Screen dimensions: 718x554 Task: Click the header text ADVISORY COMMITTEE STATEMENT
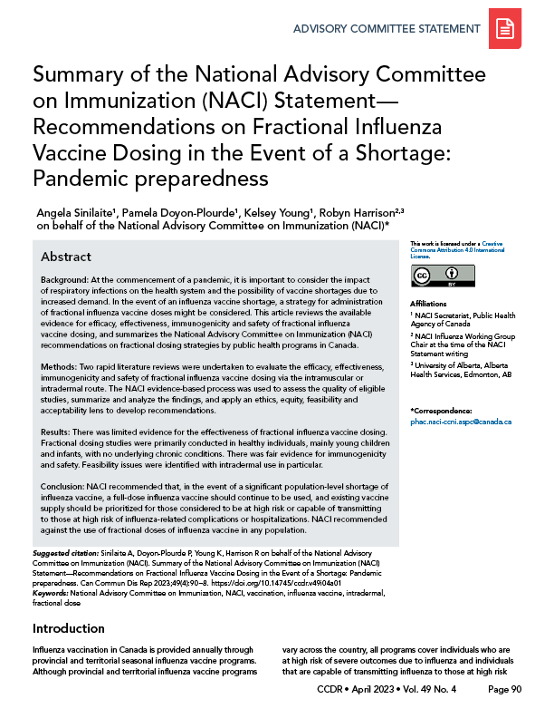click(386, 29)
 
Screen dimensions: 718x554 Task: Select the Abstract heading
click(66, 257)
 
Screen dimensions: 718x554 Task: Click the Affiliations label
click(429, 304)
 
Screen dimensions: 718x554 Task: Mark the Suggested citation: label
click(66, 551)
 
